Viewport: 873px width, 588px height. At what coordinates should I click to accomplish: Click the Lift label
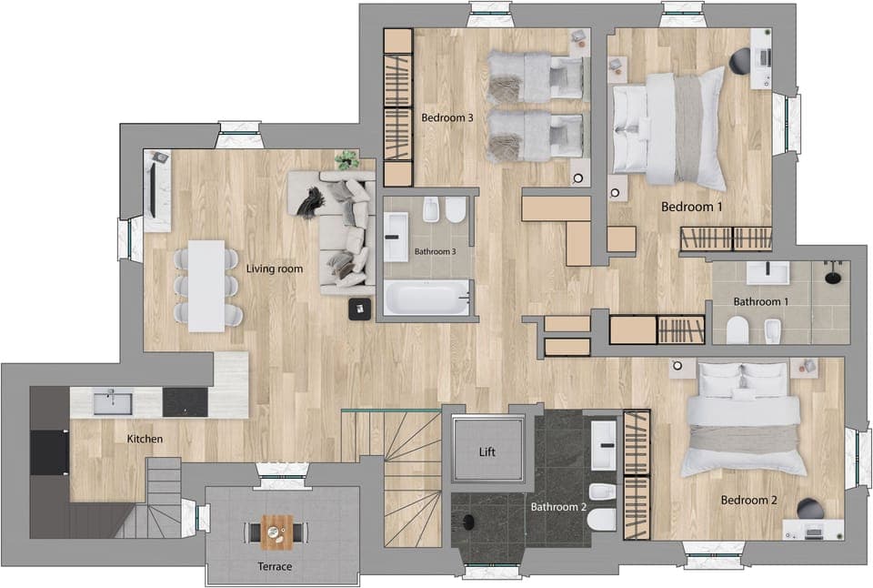[488, 451]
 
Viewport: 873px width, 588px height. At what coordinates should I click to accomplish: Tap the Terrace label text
[275, 566]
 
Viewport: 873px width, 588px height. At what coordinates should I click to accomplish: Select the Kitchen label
[145, 439]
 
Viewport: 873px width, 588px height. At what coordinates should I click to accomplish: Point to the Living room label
[275, 269]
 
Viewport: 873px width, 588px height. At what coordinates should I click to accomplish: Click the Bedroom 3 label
[447, 117]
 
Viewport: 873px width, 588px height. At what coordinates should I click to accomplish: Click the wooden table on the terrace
[277, 532]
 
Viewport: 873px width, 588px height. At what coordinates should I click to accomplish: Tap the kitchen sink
[113, 400]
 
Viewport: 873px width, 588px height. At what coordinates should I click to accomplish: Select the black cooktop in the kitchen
[185, 401]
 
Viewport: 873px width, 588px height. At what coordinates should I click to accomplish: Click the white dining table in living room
[207, 285]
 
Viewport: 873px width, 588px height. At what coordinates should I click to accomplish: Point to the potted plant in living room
[346, 160]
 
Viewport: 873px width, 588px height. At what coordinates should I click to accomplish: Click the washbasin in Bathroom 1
[768, 272]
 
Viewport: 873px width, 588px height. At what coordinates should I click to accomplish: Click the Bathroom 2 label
[558, 507]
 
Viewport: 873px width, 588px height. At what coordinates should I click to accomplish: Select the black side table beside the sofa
[362, 309]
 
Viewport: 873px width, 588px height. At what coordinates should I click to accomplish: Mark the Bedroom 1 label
[692, 207]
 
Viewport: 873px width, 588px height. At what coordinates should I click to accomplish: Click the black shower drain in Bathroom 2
[469, 522]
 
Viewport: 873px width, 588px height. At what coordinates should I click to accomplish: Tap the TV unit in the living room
[158, 190]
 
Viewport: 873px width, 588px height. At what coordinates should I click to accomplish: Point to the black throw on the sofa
[311, 202]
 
